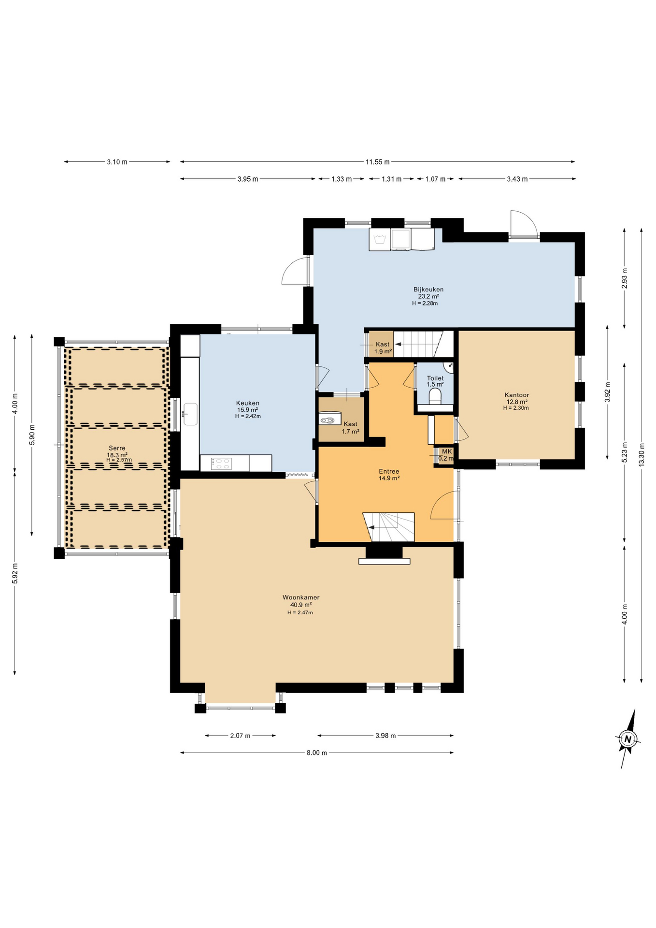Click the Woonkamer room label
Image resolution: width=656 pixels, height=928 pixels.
click(300, 597)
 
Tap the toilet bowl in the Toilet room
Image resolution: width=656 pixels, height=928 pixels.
click(435, 397)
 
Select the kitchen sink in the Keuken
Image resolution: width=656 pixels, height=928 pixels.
click(190, 414)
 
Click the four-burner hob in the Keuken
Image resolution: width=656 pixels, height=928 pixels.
click(222, 464)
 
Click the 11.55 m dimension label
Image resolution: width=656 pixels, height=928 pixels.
click(377, 162)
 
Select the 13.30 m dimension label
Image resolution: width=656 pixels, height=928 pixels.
click(641, 455)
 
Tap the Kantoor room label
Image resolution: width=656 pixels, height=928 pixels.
click(516, 395)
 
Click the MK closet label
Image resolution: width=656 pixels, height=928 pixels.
click(446, 451)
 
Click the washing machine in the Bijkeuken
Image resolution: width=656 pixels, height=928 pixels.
click(380, 240)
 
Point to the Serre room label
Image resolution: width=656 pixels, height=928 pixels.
click(117, 448)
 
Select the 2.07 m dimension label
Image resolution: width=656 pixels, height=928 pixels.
click(240, 736)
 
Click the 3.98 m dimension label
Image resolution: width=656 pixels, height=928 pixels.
click(385, 736)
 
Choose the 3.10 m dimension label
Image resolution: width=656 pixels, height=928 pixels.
click(117, 162)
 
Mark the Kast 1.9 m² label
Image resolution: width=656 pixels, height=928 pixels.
click(382, 345)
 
